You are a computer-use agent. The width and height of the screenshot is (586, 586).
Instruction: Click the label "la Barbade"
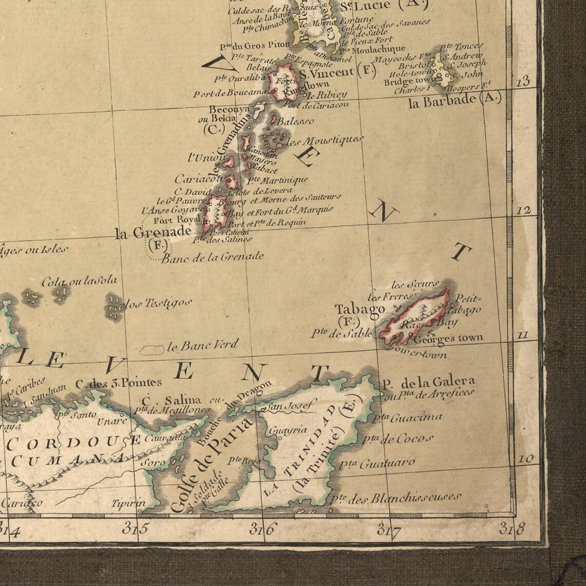click(443, 101)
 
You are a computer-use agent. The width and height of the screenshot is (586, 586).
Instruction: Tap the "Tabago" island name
click(360, 309)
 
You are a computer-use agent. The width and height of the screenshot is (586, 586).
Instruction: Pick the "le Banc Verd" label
click(203, 345)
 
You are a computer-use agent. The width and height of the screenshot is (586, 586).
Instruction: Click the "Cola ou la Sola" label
click(79, 281)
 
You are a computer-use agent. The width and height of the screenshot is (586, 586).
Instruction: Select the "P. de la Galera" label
click(428, 381)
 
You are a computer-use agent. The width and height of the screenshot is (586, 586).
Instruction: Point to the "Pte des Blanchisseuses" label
click(395, 498)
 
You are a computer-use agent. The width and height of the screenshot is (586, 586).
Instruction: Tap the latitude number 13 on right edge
click(523, 81)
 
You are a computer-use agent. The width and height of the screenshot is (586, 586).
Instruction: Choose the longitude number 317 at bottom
click(389, 528)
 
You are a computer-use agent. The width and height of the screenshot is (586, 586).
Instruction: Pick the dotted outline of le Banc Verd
click(152, 350)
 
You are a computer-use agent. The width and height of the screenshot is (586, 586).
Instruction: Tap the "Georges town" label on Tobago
click(448, 338)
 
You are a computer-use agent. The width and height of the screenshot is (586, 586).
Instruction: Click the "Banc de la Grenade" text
click(213, 257)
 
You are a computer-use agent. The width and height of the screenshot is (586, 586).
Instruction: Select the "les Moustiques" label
click(324, 140)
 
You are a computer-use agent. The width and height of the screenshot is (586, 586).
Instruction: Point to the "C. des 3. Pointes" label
click(118, 382)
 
